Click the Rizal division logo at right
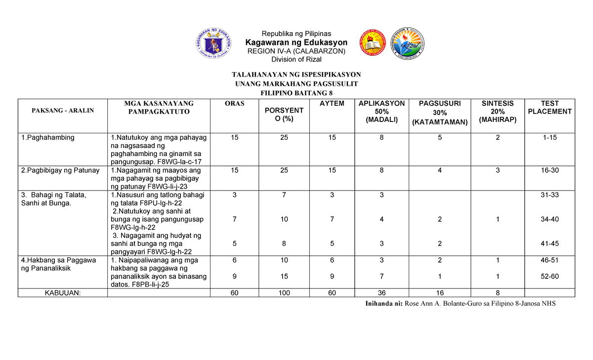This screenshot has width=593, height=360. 407,44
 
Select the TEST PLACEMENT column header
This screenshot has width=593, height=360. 550,108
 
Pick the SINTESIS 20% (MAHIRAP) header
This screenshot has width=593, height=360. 498,112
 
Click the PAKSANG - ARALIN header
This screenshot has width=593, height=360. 63,110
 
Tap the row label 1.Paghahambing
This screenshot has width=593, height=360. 48,138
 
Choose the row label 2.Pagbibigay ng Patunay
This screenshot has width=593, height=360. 60,170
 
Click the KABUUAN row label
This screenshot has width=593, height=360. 63,293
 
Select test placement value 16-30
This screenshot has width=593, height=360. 550,170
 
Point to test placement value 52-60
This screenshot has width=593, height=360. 550,277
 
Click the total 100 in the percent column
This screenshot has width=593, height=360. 284,293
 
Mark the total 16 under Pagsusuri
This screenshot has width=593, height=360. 439,293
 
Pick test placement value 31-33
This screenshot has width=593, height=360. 550,195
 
